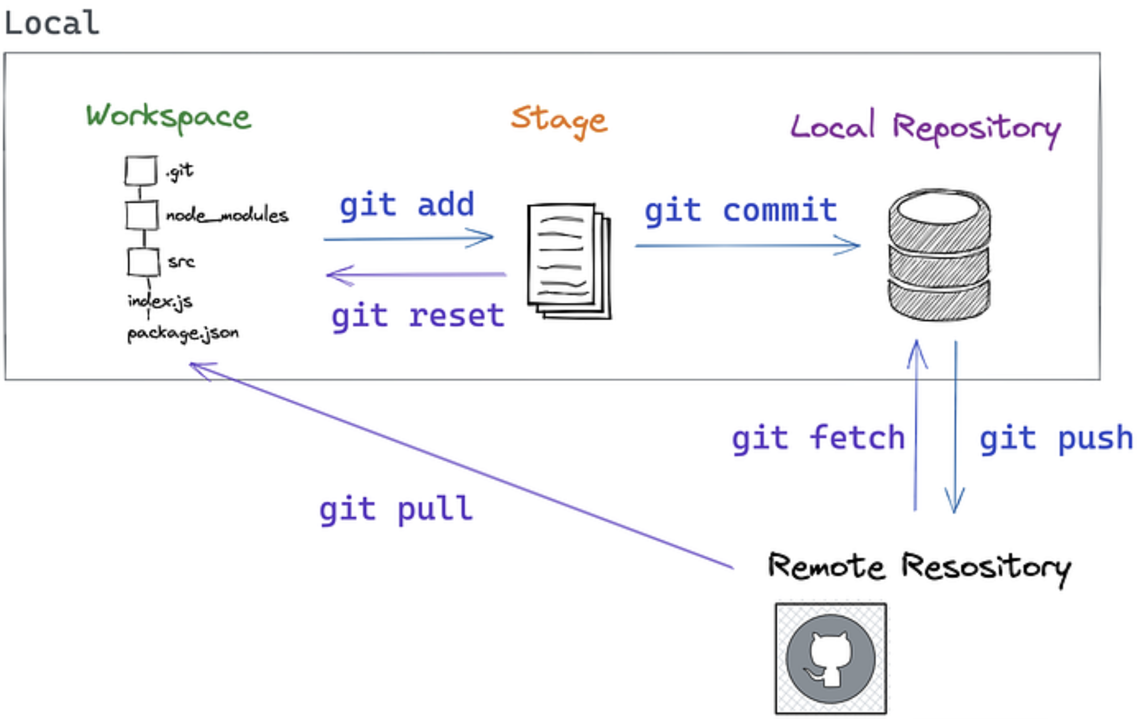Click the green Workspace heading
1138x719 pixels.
pos(168,117)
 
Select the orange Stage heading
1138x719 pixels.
pos(559,120)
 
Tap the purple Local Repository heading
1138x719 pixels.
pos(925,128)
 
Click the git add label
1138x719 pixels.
pos(407,205)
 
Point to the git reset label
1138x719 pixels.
pos(417,316)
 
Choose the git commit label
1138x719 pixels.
pos(741,211)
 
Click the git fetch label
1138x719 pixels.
pos(818,439)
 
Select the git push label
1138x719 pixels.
pos(1056,439)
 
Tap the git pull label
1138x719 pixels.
pos(396,509)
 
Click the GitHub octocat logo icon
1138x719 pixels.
pos(830,658)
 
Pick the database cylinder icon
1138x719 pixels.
pos(939,255)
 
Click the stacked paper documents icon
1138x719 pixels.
pos(568,261)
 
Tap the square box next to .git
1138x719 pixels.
pos(141,171)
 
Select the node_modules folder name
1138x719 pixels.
pos(227,215)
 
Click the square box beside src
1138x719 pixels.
pos(143,262)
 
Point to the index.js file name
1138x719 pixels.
pos(160,301)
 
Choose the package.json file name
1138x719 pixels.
pos(183,334)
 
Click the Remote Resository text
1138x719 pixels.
pos(919,567)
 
